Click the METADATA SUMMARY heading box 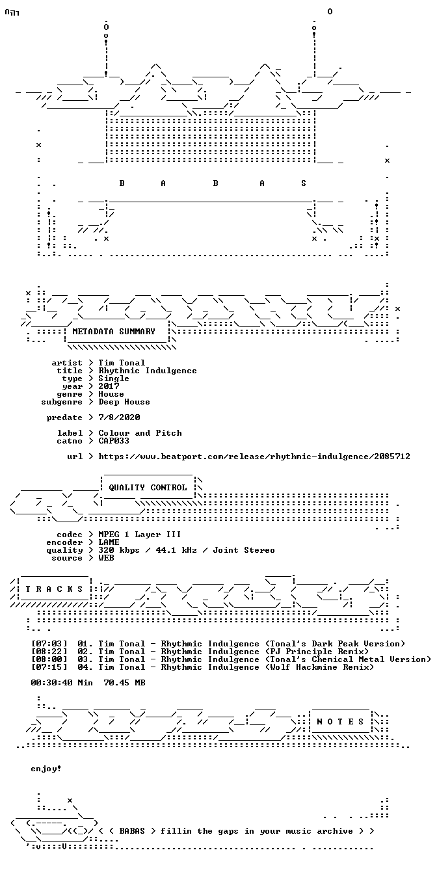click(114, 332)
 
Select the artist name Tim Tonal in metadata click(122, 363)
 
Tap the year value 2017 click(109, 386)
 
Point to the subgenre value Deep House click(124, 402)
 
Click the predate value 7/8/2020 click(119, 417)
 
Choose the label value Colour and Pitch click(140, 433)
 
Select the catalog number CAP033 click(114, 441)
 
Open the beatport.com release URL click(254, 457)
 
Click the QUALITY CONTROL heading click(148, 488)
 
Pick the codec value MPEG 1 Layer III click(140, 535)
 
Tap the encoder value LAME click(109, 542)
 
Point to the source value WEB click(106, 558)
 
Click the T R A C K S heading click(54, 589)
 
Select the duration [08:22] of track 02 click(49, 652)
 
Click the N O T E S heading click(340, 722)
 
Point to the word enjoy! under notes click(46, 769)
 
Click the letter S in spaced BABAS click(304, 183)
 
